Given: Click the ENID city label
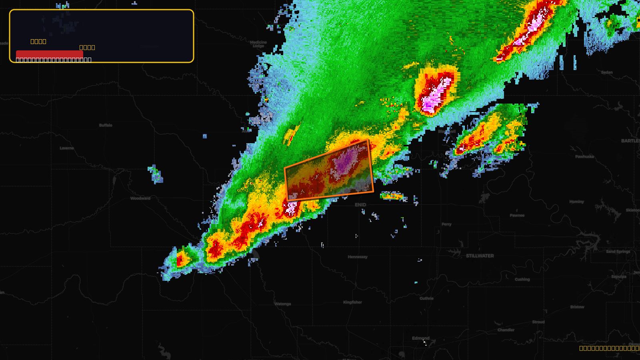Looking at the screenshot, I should pyautogui.click(x=360, y=205).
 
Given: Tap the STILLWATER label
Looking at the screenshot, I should pyautogui.click(x=480, y=256).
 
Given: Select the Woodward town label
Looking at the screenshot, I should pyautogui.click(x=140, y=198).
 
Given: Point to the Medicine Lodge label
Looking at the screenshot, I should pyautogui.click(x=258, y=44).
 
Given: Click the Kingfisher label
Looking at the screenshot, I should pyautogui.click(x=352, y=302).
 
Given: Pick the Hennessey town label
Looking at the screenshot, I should pyautogui.click(x=358, y=257).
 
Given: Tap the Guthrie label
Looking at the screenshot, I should pyautogui.click(x=426, y=298).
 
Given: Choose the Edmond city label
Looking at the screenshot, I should pyautogui.click(x=421, y=338).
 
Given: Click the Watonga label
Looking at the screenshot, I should pyautogui.click(x=283, y=304).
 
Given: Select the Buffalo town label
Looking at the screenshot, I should pyautogui.click(x=106, y=125).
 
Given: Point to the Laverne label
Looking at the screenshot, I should pyautogui.click(x=67, y=148).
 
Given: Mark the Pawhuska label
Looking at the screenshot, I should pyautogui.click(x=584, y=157).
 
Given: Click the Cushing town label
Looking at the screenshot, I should pyautogui.click(x=522, y=280).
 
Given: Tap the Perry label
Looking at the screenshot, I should pyautogui.click(x=446, y=224).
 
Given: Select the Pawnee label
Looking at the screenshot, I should pyautogui.click(x=517, y=216).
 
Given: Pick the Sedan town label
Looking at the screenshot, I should pyautogui.click(x=607, y=72).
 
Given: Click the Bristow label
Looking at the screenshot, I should pyautogui.click(x=577, y=307).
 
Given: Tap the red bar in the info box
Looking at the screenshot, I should pyautogui.click(x=49, y=54).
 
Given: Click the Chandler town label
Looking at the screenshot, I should pyautogui.click(x=506, y=330).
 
